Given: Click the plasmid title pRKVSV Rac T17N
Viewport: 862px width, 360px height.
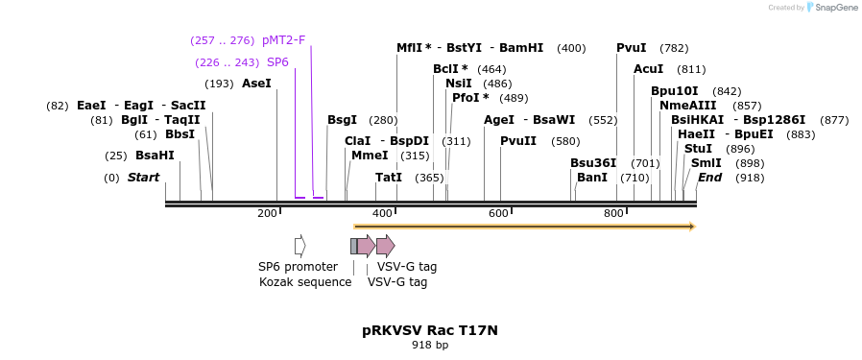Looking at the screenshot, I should [x=429, y=330].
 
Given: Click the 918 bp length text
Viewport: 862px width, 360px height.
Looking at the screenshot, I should [x=429, y=345].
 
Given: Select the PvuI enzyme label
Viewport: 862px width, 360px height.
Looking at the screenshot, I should [x=631, y=48].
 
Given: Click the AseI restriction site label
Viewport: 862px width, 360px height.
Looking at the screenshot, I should [x=256, y=84].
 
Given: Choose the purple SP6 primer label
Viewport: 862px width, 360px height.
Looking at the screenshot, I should [x=277, y=62].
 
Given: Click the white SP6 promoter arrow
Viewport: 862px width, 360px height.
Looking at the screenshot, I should [x=299, y=246].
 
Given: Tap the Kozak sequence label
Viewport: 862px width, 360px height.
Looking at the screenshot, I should [x=305, y=282].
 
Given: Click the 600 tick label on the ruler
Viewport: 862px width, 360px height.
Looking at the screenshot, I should [x=497, y=213].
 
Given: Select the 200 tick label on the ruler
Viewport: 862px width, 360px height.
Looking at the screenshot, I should [x=267, y=213].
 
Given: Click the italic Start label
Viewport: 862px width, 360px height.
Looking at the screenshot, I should [x=143, y=178].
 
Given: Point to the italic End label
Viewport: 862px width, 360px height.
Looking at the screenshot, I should [x=709, y=178].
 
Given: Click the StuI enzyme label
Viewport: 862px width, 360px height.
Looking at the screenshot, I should [x=698, y=149].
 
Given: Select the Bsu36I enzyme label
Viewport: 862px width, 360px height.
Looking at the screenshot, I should [x=593, y=163].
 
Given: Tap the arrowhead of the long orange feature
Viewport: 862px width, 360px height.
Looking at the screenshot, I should [x=689, y=227].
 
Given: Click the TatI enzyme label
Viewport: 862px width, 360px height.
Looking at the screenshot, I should [x=389, y=178].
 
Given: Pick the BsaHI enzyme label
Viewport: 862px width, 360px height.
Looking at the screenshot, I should [x=155, y=156].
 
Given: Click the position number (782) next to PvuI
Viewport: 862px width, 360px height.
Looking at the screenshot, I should [x=674, y=48].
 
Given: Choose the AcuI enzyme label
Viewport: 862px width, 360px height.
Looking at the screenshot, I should [x=649, y=69].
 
